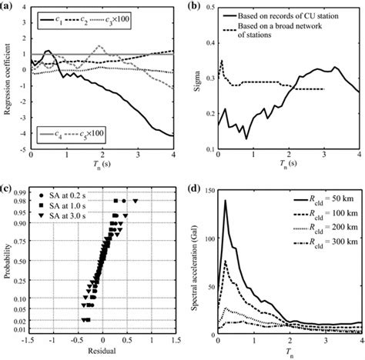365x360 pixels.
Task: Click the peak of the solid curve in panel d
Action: (226, 202)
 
